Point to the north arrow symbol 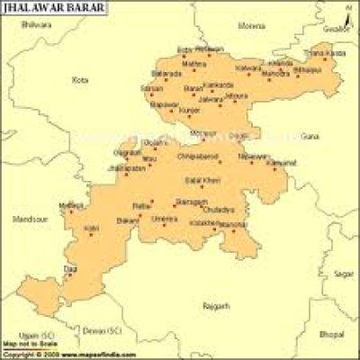pyautogui.click(x=344, y=11)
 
